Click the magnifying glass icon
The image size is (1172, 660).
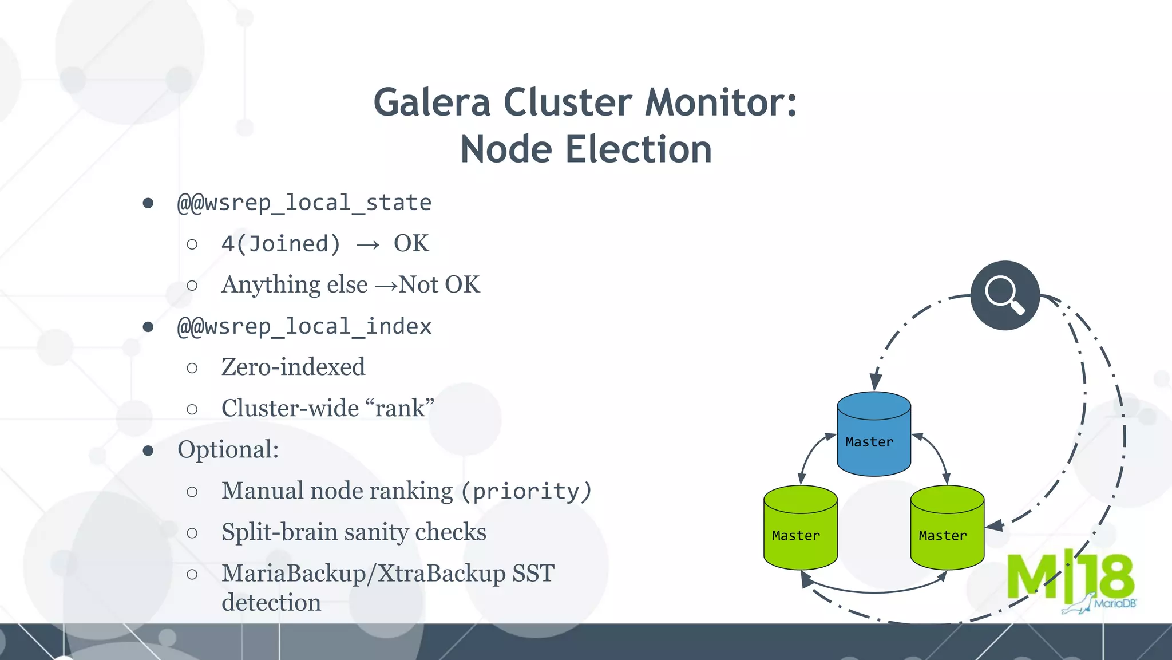point(1005,295)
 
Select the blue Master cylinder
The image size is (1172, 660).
point(873,435)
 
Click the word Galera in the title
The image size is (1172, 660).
point(432,103)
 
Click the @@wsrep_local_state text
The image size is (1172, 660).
point(304,203)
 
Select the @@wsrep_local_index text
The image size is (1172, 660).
point(304,327)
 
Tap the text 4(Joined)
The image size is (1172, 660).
point(281,244)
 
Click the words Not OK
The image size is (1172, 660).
point(439,285)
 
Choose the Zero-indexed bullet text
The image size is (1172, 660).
point(293,367)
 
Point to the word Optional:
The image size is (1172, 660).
point(228,450)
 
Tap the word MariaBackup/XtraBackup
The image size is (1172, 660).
point(363,574)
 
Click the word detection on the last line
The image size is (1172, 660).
point(271,603)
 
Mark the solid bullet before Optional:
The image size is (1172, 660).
point(148,451)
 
